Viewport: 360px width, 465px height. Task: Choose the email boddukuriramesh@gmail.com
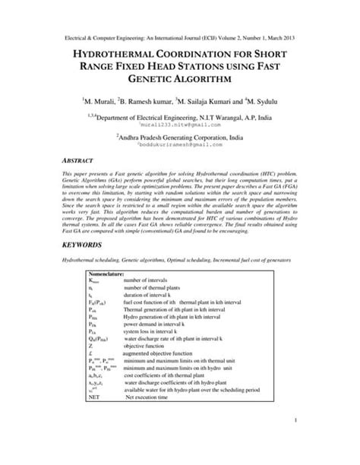pos(181,144)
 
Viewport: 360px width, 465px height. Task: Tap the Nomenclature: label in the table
pos(111,273)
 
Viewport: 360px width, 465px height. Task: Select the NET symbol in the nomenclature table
pos(94,397)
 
